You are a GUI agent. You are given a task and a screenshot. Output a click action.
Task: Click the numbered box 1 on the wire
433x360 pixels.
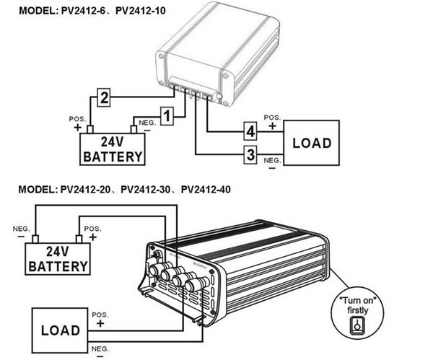click(167, 115)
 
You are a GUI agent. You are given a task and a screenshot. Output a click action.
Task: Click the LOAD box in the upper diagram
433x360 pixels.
click(312, 143)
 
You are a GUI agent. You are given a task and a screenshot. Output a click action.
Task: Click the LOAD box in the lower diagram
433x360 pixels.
click(61, 332)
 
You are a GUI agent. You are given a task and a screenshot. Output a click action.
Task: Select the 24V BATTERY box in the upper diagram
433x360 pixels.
click(113, 149)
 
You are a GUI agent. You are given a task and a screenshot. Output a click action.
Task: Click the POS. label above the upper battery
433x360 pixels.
click(77, 118)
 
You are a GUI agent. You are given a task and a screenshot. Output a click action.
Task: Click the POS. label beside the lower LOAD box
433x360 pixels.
click(99, 315)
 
